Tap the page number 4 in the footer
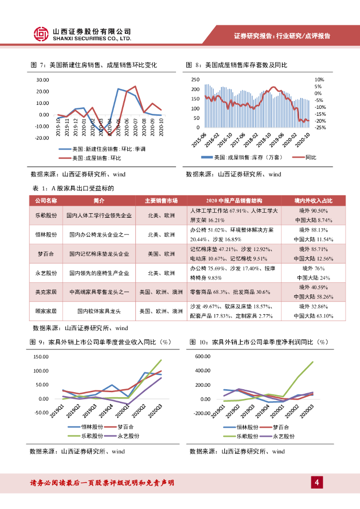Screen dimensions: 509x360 (x=317, y=482)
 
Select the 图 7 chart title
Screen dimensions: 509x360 (x=93, y=65)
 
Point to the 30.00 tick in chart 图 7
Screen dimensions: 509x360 (x=42, y=80)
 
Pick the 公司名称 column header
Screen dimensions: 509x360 (x=46, y=201)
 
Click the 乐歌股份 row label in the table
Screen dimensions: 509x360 (x=46, y=216)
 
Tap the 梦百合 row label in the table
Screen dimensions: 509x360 (x=46, y=254)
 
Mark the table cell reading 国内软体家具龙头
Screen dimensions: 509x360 (x=99, y=312)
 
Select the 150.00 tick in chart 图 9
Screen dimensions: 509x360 (x=41, y=357)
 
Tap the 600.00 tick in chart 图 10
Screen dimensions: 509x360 (x=204, y=357)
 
